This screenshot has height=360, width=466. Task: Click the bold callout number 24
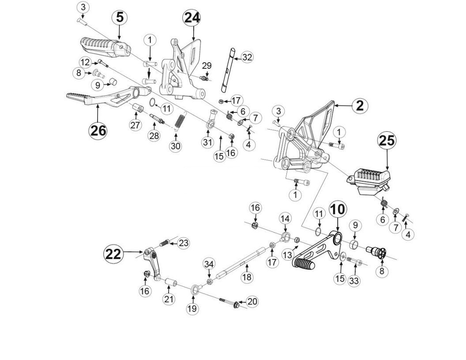[x=192, y=18]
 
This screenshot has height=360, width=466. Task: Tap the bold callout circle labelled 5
[x=120, y=18]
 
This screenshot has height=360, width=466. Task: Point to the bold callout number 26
[x=98, y=130]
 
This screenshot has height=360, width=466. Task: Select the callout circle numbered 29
[x=207, y=66]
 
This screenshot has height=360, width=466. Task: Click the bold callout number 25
[x=387, y=141]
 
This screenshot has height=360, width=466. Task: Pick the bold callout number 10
[x=338, y=209]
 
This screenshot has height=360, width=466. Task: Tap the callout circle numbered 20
[x=252, y=301]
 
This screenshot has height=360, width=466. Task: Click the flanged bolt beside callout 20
[x=235, y=304]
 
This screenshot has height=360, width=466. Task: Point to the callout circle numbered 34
[x=209, y=264]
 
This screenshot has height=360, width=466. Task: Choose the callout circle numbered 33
[x=354, y=281]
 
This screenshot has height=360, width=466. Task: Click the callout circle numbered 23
[x=184, y=243]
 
